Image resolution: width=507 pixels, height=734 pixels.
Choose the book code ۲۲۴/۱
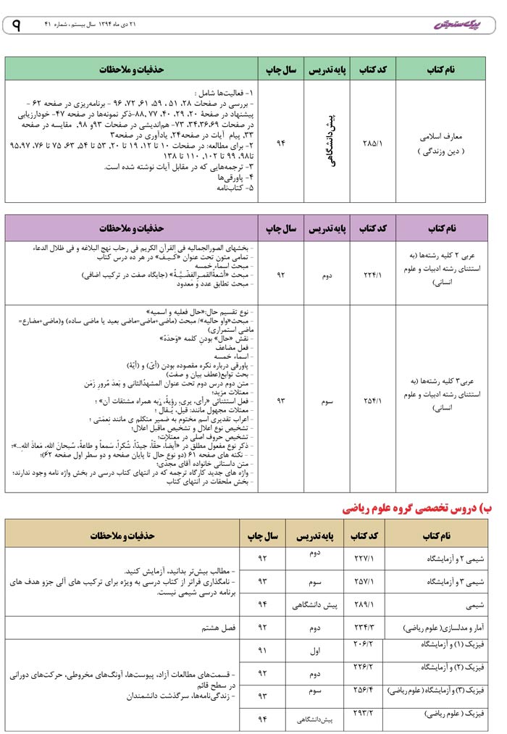pyautogui.click(x=372, y=274)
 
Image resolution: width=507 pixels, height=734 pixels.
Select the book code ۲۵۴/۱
pyautogui.click(x=372, y=399)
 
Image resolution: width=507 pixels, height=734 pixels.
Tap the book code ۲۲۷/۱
pyautogui.click(x=364, y=559)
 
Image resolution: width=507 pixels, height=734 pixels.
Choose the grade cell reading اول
pyautogui.click(x=315, y=651)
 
